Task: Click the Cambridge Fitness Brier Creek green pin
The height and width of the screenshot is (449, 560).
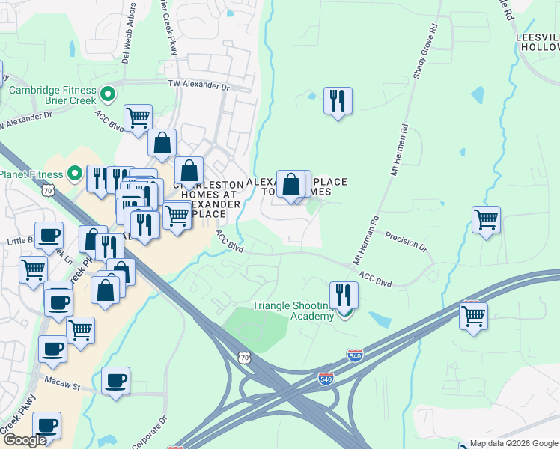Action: point(109,95)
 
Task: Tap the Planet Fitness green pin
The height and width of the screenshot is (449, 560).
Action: point(74,174)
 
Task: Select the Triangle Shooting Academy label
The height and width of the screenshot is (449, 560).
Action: point(293,311)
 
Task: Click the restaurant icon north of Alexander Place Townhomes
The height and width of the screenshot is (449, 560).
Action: point(338,100)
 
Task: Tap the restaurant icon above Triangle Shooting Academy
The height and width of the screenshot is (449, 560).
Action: point(344,294)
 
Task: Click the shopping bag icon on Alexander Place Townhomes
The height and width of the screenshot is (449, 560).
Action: point(291,183)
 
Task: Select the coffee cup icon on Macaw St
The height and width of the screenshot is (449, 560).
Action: point(115,380)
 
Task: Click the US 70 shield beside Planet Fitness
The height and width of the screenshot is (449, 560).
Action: point(47,191)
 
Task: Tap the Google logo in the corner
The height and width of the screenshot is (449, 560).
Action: point(25,440)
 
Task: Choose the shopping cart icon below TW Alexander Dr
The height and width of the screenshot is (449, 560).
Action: point(138,117)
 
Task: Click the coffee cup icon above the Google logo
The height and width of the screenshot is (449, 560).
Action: point(46,425)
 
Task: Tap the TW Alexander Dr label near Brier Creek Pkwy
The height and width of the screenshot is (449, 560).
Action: point(198,86)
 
